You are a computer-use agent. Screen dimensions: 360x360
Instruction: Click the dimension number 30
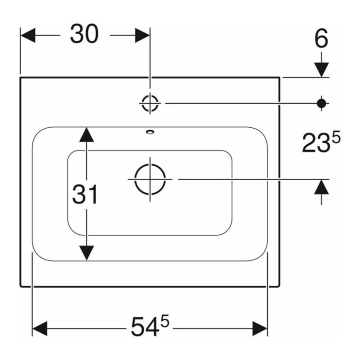click(x=84, y=34)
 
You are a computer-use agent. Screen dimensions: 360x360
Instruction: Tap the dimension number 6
click(x=321, y=39)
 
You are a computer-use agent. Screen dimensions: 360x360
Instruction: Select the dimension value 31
click(x=85, y=195)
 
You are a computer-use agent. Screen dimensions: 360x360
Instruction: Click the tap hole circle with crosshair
click(x=150, y=103)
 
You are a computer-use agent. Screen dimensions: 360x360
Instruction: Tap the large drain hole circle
click(x=150, y=179)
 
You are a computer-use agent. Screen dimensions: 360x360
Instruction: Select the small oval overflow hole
click(x=150, y=132)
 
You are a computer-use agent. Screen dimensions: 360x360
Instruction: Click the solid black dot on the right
click(x=321, y=103)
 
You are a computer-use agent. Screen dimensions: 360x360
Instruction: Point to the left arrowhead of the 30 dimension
click(x=28, y=35)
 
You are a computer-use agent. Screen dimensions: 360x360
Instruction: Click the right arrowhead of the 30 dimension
click(x=142, y=35)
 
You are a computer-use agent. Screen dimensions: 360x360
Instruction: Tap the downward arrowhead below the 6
click(x=321, y=70)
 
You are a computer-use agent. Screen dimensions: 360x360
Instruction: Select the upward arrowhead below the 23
click(x=321, y=187)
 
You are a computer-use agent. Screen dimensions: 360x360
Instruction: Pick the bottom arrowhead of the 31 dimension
click(x=86, y=253)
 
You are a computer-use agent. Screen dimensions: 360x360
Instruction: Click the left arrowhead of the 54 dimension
click(x=40, y=329)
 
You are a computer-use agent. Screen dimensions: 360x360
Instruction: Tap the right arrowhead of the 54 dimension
click(x=260, y=329)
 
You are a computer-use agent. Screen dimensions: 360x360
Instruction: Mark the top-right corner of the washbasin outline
click(x=279, y=78)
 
